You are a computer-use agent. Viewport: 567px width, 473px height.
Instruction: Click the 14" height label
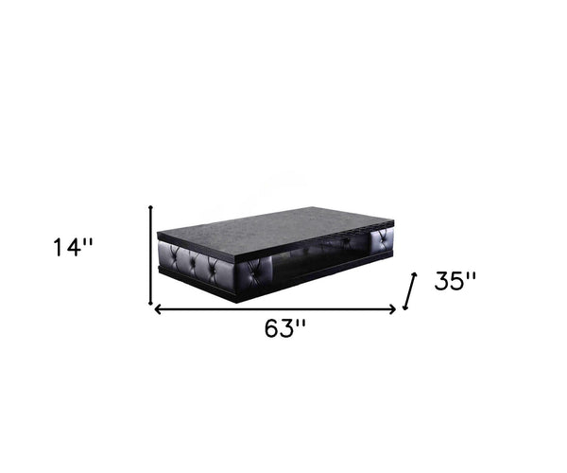click(x=74, y=248)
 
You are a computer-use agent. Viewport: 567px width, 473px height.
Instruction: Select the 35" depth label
click(x=455, y=281)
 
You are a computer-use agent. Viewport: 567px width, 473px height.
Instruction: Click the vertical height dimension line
click(x=151, y=255)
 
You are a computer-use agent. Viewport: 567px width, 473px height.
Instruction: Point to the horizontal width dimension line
click(x=274, y=308)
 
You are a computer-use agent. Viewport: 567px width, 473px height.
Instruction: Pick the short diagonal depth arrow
click(x=409, y=290)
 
